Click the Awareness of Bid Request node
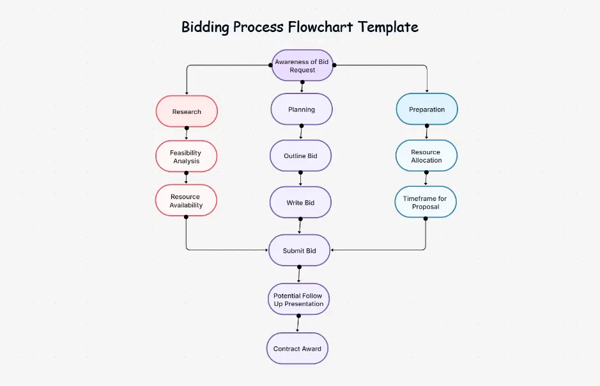coord(302,65)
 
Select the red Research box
coord(187,111)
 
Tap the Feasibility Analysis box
coord(186,157)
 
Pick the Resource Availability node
coord(186,200)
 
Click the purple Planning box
coord(302,109)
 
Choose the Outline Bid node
coord(300,156)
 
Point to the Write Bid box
coord(300,202)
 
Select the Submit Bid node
coord(300,250)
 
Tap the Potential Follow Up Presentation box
coord(298,300)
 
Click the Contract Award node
coord(297,348)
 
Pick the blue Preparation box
coord(427,109)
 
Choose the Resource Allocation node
coord(426,156)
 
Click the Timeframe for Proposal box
coord(425,202)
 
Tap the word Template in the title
coord(388,27)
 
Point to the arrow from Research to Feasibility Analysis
coord(187,134)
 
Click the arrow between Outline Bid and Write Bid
coord(300,179)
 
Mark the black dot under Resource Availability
coord(186,216)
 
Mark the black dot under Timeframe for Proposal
coord(425,218)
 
